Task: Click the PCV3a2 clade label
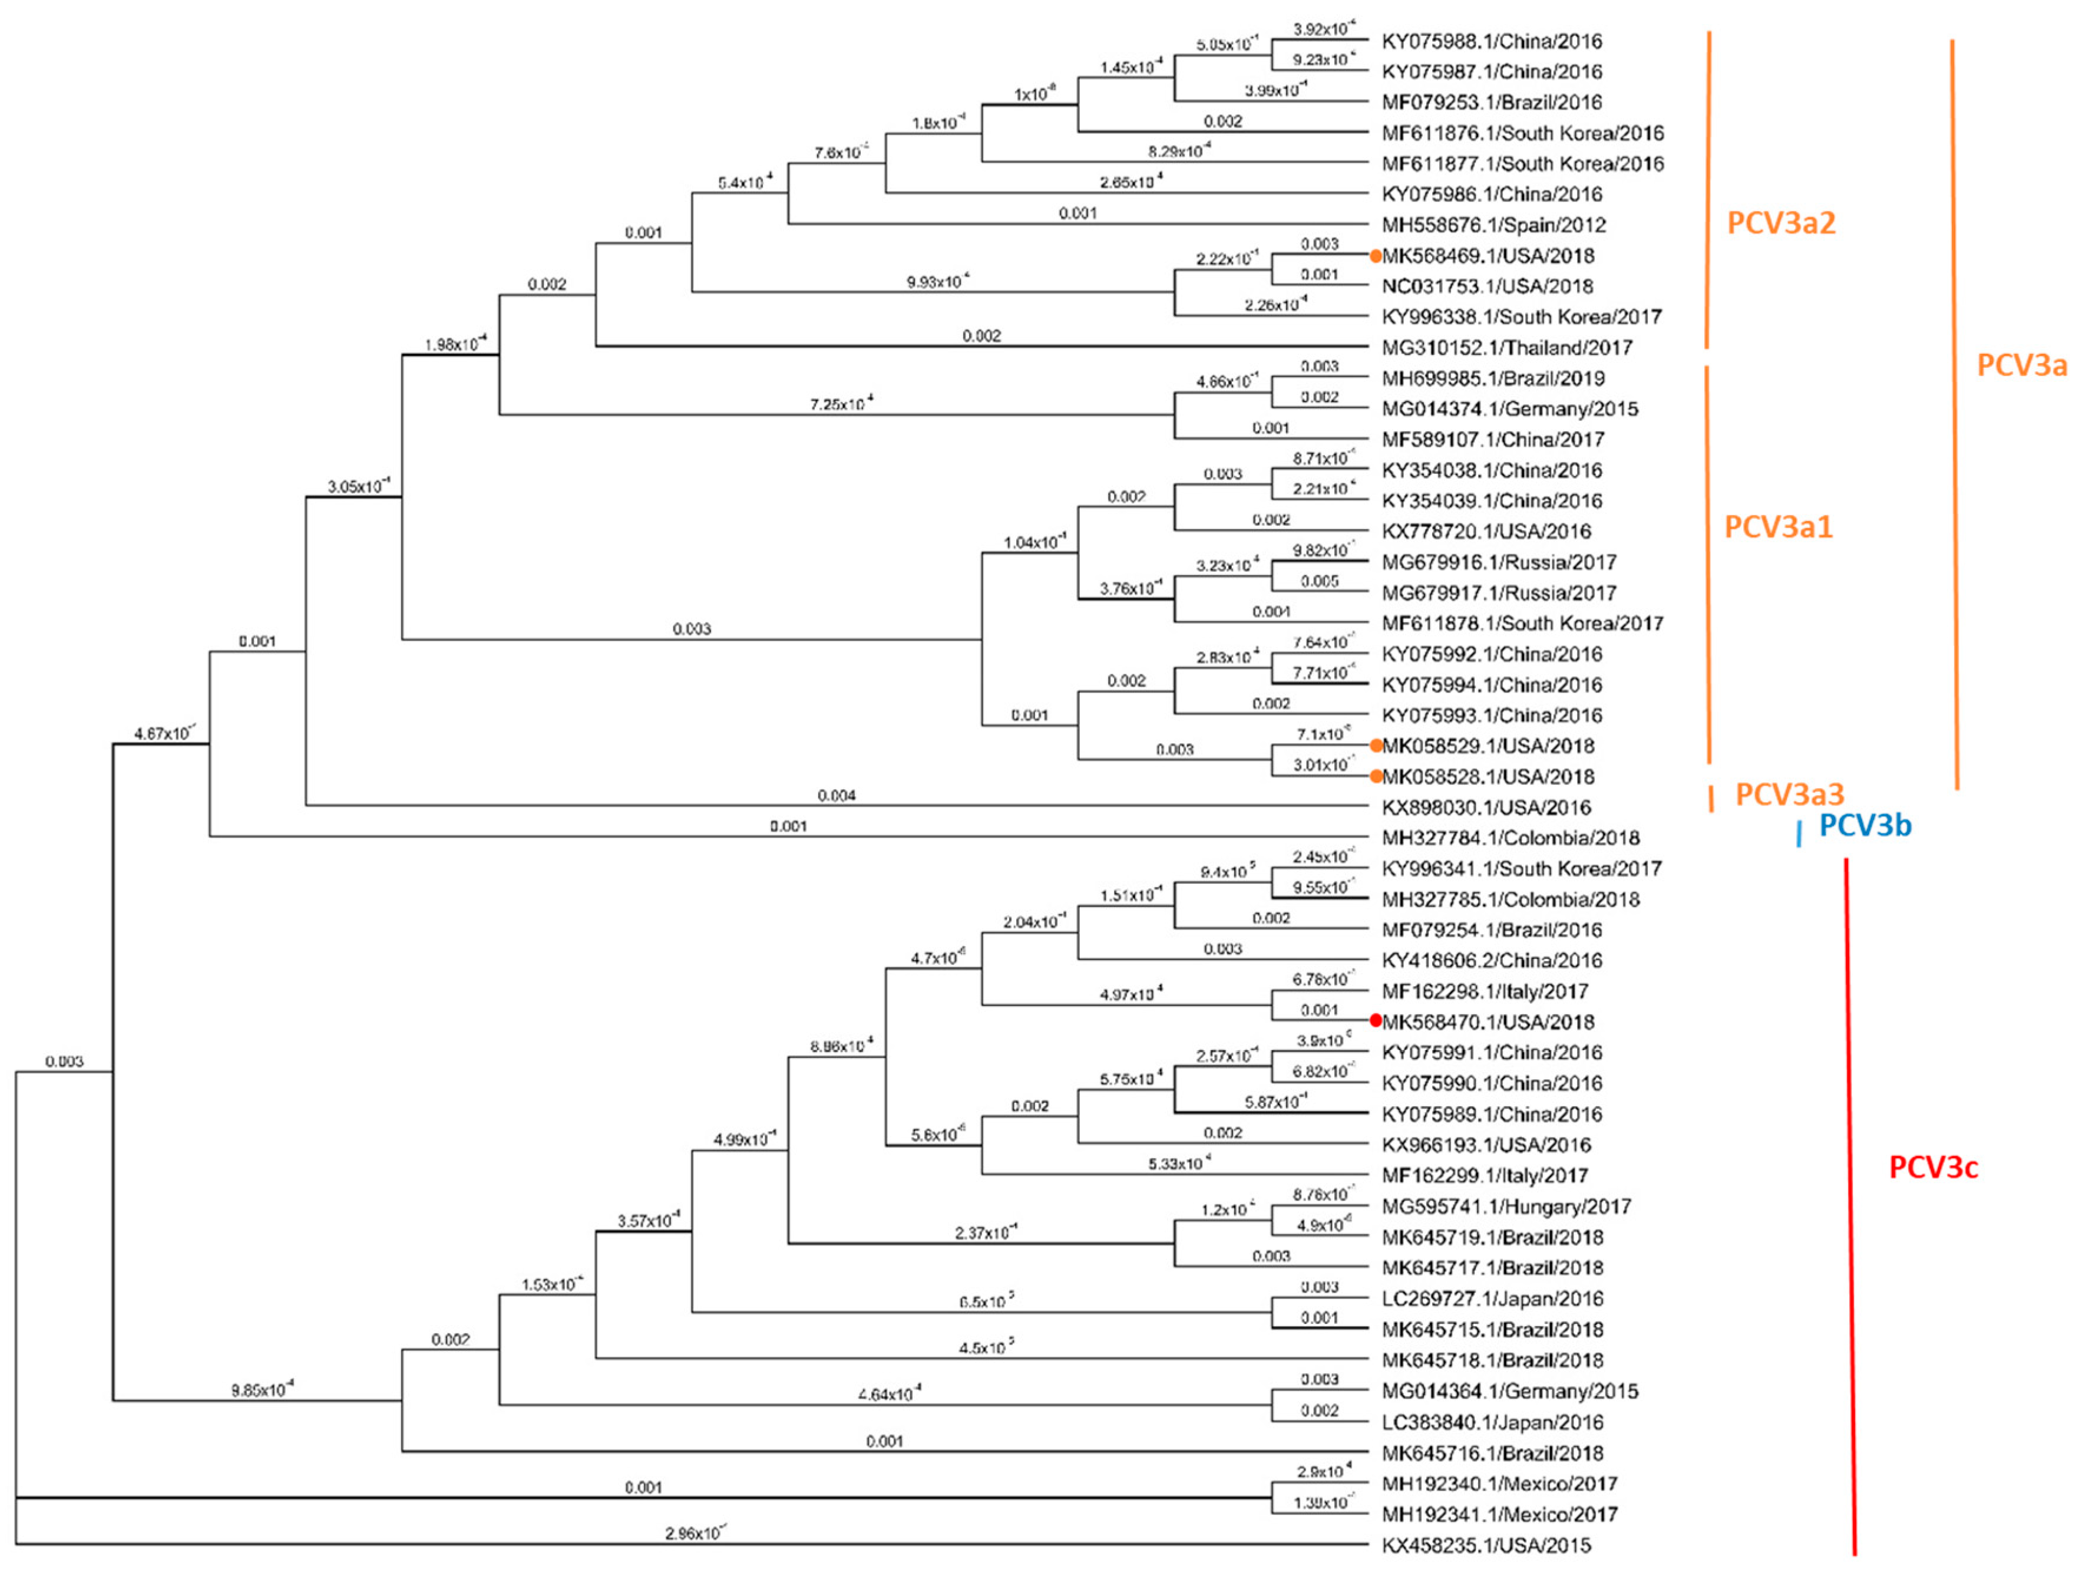click(x=1780, y=223)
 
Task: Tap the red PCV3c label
click(x=1932, y=1168)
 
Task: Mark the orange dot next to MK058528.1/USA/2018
click(x=1377, y=776)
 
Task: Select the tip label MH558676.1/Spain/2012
click(x=1493, y=225)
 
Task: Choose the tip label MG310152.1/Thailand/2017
click(x=1506, y=348)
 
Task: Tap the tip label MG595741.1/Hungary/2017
click(x=1505, y=1207)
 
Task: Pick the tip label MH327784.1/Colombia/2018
click(x=1510, y=838)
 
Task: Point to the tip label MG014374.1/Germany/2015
click(x=1509, y=409)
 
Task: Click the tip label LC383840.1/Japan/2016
click(x=1492, y=1422)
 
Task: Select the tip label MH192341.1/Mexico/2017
click(x=1499, y=1514)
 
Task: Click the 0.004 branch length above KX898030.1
click(x=836, y=795)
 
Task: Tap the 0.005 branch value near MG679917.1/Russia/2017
click(x=1318, y=581)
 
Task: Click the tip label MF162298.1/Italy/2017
click(x=1485, y=991)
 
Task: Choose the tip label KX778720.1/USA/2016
click(x=1486, y=531)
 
